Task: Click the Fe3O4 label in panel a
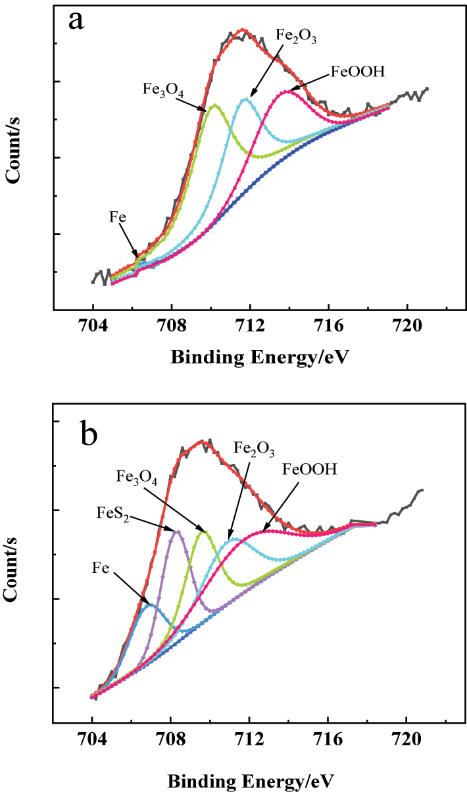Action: point(162,89)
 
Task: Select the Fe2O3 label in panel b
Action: point(253,450)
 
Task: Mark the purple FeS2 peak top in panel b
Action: point(176,531)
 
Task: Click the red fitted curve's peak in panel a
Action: point(243,30)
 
